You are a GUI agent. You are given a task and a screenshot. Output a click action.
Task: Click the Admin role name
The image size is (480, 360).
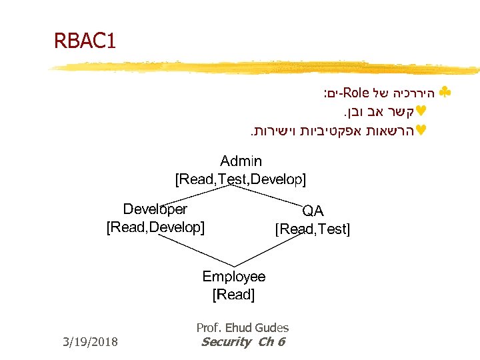[x=241, y=161]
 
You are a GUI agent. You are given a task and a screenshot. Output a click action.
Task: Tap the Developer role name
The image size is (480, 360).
[x=155, y=209]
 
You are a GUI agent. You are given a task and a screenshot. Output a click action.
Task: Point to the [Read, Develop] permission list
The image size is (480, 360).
[x=155, y=227]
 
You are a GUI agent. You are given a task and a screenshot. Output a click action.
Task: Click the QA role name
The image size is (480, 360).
[x=313, y=211]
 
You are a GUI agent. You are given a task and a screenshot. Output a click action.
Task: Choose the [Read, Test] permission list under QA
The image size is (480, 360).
[x=312, y=229]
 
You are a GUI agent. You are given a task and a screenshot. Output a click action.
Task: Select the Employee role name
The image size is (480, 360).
[x=233, y=276]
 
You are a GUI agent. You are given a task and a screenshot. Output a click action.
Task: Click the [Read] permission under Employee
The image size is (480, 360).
[x=233, y=294]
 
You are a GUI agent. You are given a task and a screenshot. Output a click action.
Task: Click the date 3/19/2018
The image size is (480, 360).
[x=89, y=342]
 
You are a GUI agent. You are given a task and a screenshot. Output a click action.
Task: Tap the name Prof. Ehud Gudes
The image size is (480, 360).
[x=243, y=327]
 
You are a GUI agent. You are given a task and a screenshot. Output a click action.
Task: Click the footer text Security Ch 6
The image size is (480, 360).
[x=243, y=342]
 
